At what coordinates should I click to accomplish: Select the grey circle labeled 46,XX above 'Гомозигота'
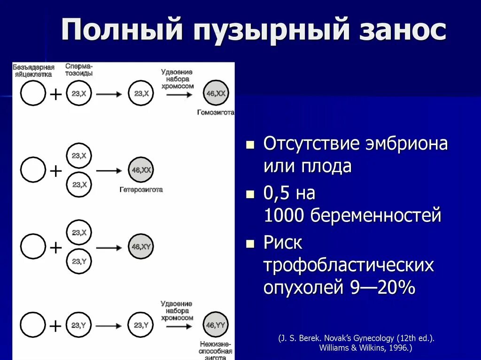coord(216,94)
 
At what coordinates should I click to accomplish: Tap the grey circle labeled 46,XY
coord(141,247)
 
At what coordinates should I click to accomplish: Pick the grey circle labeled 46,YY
coord(216,325)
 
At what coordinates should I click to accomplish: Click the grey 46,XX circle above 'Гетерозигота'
coord(141,170)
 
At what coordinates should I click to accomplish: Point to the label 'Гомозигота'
coord(216,113)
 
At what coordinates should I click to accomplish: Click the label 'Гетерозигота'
coord(141,190)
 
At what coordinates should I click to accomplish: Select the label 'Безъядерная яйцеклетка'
coord(33,71)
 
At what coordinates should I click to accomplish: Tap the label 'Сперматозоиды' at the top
coord(79,70)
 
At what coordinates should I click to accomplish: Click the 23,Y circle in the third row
coord(79,261)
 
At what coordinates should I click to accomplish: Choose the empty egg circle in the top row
coord(33,94)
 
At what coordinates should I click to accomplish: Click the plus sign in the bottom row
coord(55,325)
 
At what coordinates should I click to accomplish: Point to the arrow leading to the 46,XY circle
coord(109,247)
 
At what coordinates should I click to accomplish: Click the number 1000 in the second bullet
coord(284,215)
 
